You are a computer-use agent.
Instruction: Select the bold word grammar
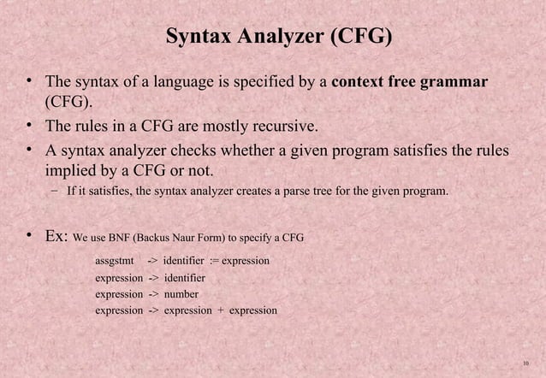coord(457,83)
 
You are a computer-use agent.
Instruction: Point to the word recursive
coord(286,128)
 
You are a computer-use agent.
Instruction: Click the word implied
coord(72,173)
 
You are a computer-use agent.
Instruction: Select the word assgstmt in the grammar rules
coord(116,260)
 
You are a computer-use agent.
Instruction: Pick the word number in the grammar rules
coord(181,294)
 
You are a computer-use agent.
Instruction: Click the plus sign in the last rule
coord(220,310)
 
